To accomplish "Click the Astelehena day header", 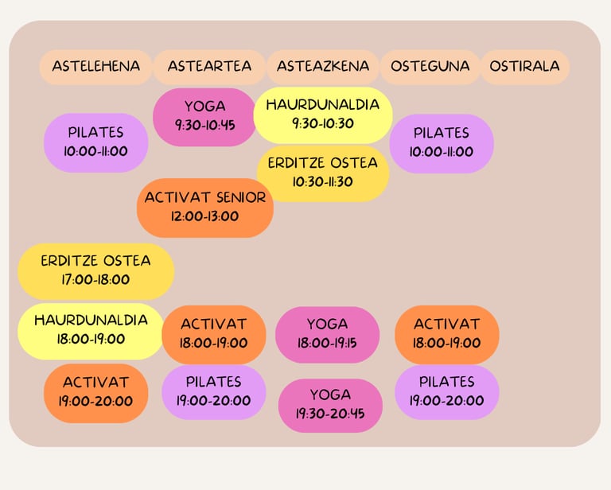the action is (x=95, y=67).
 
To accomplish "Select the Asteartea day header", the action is (x=209, y=67).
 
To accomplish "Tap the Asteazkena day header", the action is (x=323, y=67).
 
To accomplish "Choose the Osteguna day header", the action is (x=430, y=67).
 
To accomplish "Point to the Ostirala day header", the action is (x=524, y=67).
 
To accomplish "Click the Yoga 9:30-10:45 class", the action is (x=204, y=116).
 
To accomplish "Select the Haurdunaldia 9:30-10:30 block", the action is (x=323, y=115).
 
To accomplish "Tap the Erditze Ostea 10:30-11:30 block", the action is (x=323, y=173).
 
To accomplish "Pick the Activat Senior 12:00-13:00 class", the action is (x=205, y=207).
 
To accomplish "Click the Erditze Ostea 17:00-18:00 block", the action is (x=95, y=270).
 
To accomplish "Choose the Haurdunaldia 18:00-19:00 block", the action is (x=91, y=330).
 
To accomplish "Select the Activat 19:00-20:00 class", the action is (x=95, y=392).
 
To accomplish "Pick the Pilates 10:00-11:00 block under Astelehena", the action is (x=95, y=142).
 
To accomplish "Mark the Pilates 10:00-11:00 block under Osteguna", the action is (x=442, y=142).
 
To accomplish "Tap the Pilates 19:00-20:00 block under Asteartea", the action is (x=213, y=391).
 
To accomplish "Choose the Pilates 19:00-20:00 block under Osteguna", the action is (x=446, y=391).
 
